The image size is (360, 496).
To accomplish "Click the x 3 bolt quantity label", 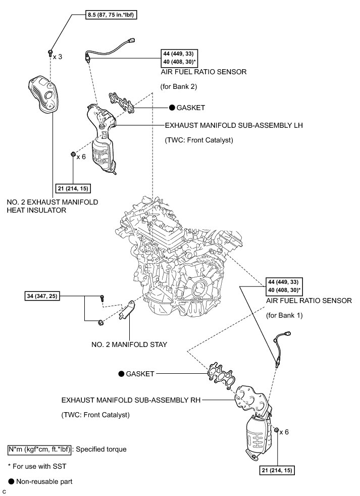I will tap(58, 57).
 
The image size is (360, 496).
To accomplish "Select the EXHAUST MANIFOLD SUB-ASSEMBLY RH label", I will tap(131, 400).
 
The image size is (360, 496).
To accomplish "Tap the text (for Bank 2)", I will tap(178, 86).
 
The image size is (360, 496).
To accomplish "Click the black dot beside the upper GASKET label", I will tap(172, 108).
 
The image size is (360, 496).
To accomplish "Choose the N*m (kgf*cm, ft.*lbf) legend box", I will tap(39, 448).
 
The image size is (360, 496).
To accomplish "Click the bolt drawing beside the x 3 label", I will tap(50, 52).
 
